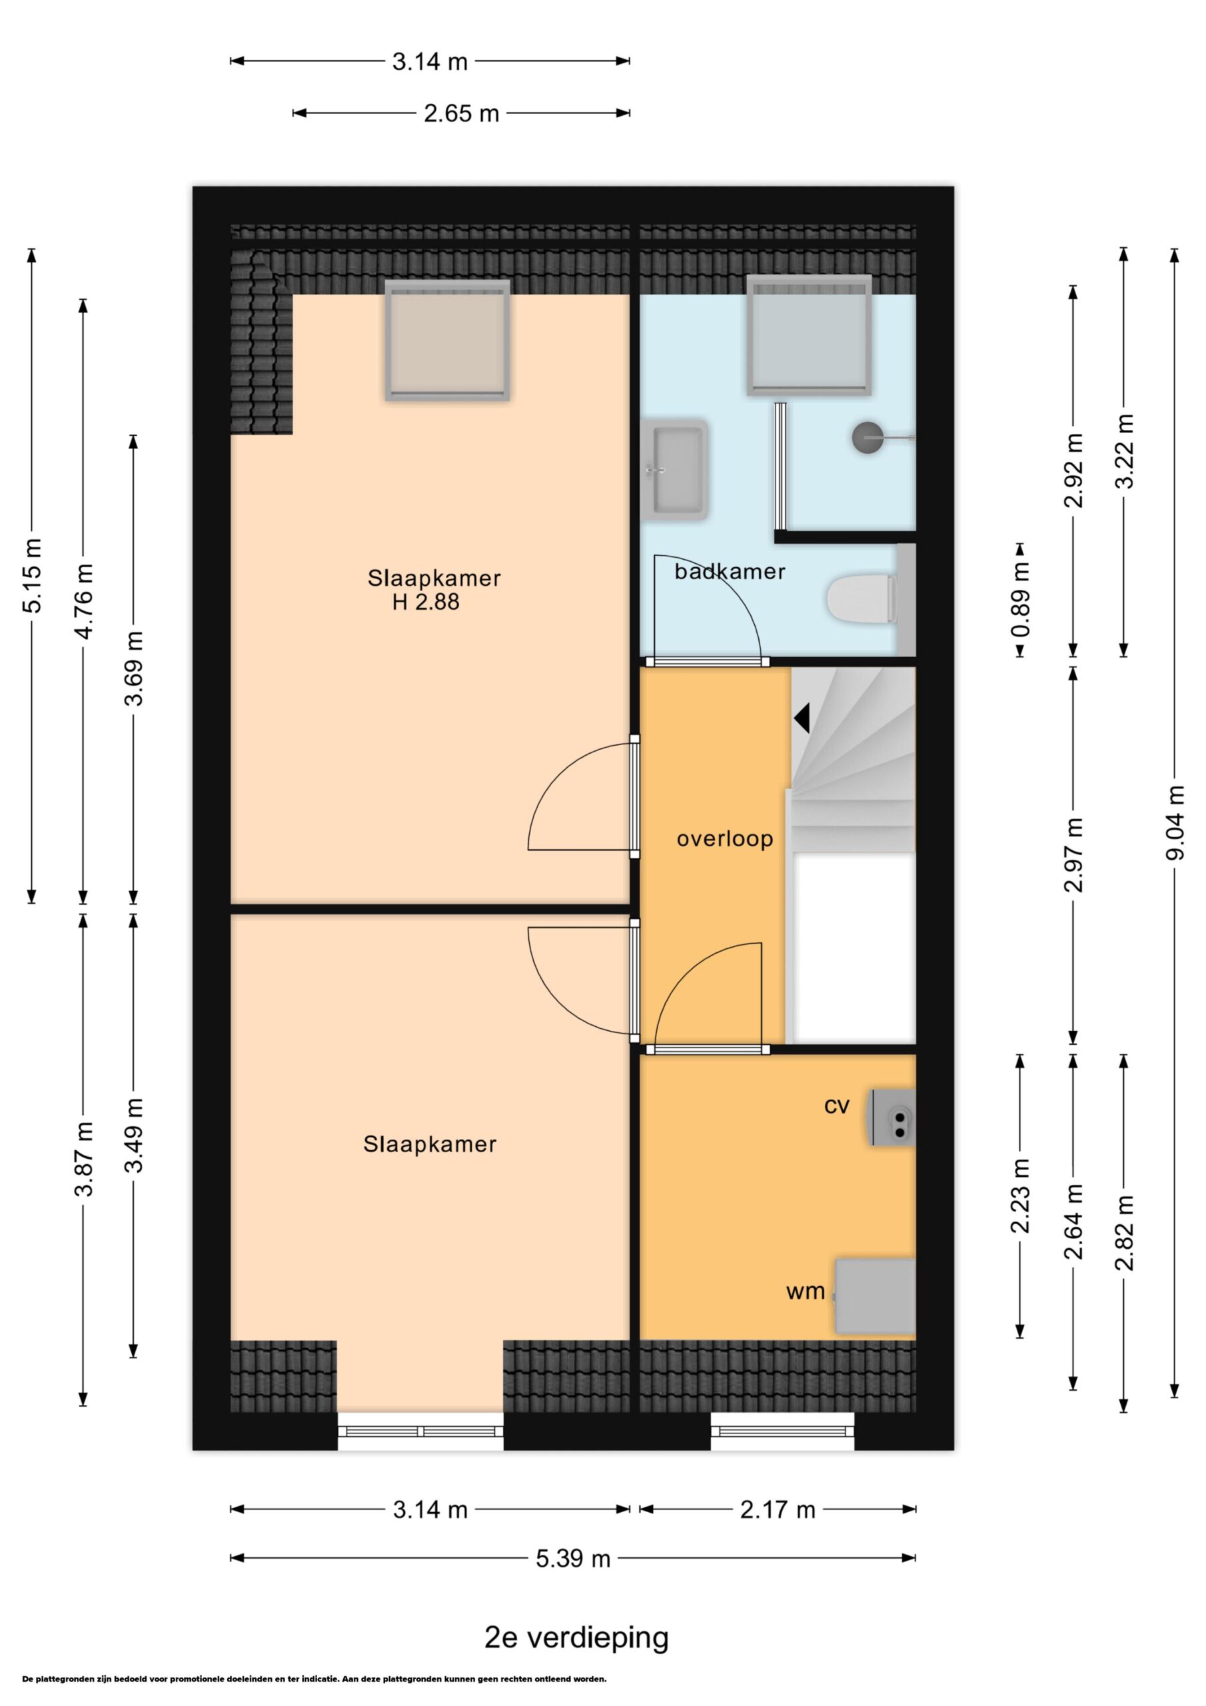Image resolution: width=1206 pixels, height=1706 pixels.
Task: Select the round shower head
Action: (868, 438)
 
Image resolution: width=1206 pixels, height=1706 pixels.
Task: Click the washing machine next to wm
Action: (875, 1296)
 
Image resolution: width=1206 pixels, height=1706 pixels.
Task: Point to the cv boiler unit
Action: (892, 1117)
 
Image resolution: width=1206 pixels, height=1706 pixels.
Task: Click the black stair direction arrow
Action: (802, 718)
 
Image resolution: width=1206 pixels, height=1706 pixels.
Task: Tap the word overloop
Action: (724, 839)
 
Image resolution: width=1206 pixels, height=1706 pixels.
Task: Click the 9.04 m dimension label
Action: (1175, 822)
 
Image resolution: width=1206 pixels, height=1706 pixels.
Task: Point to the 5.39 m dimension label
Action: (573, 1558)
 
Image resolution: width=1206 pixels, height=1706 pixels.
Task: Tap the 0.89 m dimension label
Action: (1020, 600)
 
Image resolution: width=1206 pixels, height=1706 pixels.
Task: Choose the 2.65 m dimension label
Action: (462, 114)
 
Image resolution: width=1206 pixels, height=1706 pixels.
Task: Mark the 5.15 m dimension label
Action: (32, 576)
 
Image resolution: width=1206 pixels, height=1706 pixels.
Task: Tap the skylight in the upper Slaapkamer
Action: (447, 341)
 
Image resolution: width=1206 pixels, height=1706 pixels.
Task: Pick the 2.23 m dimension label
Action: (1020, 1196)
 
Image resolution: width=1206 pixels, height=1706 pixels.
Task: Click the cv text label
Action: (837, 1106)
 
